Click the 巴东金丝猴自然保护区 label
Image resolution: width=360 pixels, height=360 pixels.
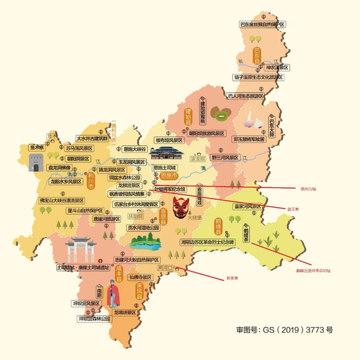(262, 24)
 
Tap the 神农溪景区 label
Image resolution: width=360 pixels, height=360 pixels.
(275, 67)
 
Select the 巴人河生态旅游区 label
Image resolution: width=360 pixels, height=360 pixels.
(245, 96)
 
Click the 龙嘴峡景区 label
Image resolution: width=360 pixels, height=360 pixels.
(124, 312)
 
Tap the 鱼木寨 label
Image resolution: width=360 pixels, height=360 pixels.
(37, 147)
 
